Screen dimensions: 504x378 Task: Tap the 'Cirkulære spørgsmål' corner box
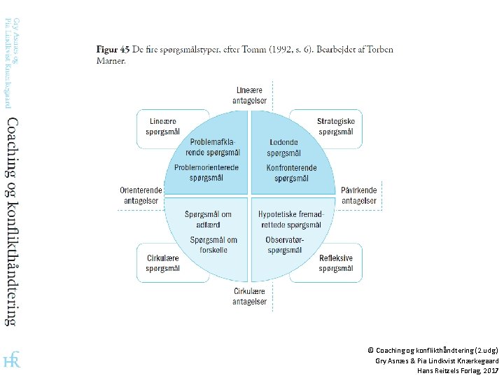(x=162, y=262)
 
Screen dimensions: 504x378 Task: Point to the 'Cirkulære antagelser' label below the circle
(x=249, y=296)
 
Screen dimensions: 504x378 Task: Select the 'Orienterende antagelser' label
(x=141, y=195)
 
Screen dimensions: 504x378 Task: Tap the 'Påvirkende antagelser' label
(x=359, y=195)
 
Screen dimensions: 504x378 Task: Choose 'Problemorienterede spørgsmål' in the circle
(x=206, y=172)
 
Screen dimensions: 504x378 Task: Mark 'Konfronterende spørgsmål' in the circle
(x=291, y=172)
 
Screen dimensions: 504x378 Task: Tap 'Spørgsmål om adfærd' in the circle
(x=208, y=219)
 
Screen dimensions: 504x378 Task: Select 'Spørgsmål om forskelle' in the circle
(x=213, y=244)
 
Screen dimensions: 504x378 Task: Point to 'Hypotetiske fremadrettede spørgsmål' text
(x=290, y=219)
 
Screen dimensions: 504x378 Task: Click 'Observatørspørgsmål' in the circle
(x=284, y=244)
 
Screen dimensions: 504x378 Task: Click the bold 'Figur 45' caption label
(x=112, y=50)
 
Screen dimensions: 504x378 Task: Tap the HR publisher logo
(x=12, y=360)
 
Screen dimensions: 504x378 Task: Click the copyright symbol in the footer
(x=370, y=349)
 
